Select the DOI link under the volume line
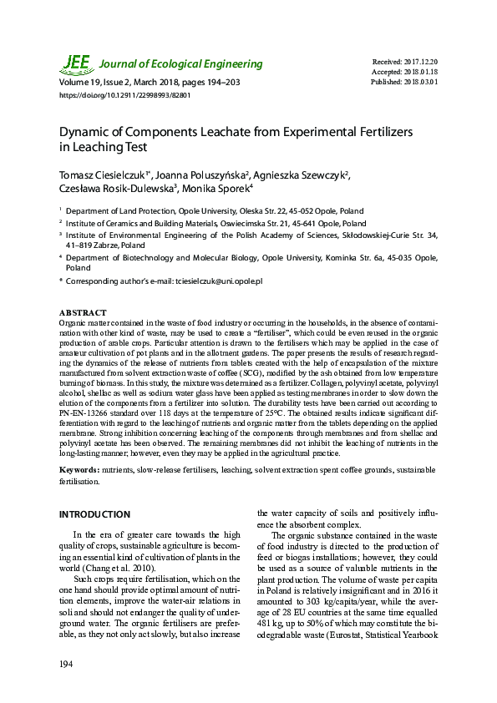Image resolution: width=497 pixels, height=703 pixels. point(124,96)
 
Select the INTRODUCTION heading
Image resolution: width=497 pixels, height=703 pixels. point(94,514)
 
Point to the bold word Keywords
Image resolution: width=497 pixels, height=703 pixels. point(81,471)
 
